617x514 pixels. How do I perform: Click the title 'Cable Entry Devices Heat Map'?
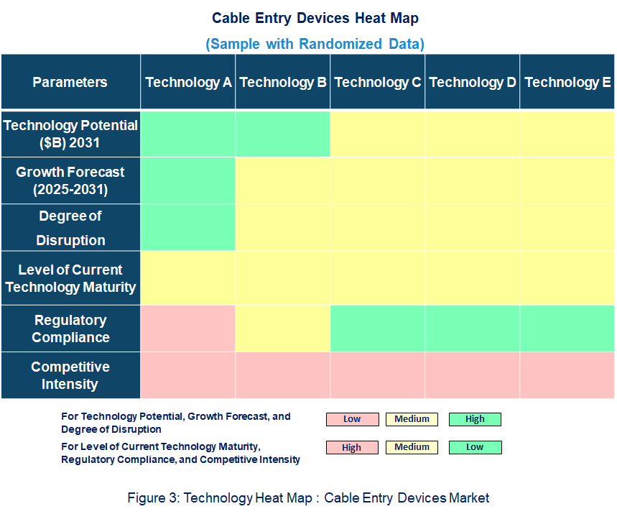point(315,18)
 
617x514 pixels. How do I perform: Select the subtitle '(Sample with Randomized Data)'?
point(315,44)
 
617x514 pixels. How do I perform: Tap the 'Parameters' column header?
point(70,82)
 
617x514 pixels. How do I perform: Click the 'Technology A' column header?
point(188,82)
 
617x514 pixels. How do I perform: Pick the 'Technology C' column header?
point(378,82)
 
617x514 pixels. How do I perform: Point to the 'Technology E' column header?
point(567,82)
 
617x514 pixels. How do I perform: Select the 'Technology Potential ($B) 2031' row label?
point(70,134)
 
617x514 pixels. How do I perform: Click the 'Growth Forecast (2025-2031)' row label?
point(70,180)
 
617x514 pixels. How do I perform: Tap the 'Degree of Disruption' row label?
point(70,228)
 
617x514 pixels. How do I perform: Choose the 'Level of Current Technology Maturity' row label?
point(70,278)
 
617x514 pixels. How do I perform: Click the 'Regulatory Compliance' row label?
point(70,329)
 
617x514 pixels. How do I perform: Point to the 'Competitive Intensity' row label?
point(70,375)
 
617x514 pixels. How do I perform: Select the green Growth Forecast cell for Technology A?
point(188,180)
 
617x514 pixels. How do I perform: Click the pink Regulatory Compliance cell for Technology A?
point(188,329)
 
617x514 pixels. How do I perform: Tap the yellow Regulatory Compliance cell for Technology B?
point(283,329)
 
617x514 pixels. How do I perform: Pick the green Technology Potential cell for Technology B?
point(283,134)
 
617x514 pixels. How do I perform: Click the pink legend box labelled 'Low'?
point(352,419)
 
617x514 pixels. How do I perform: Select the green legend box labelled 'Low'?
point(475,447)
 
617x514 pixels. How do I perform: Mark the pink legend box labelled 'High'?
point(352,447)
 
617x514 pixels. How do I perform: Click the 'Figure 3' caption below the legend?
point(308,497)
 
